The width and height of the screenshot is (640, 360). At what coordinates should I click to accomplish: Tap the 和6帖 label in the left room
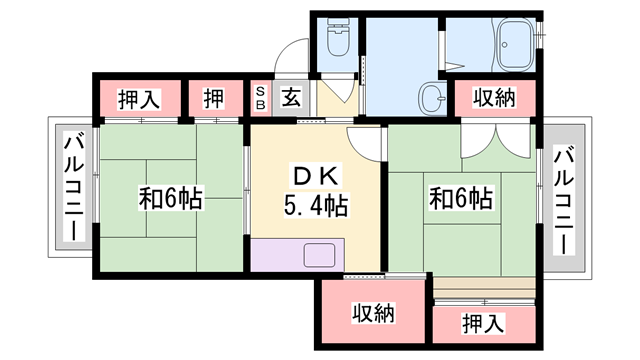pyautogui.click(x=170, y=198)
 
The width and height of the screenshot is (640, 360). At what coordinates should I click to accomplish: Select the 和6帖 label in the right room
pyautogui.click(x=460, y=198)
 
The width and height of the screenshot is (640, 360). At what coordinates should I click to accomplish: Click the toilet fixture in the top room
pyautogui.click(x=338, y=41)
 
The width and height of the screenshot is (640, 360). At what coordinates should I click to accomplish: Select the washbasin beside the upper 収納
pyautogui.click(x=430, y=98)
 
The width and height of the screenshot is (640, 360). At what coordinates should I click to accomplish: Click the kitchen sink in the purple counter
pyautogui.click(x=319, y=256)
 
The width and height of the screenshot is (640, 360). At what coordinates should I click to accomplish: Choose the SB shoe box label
pyautogui.click(x=258, y=97)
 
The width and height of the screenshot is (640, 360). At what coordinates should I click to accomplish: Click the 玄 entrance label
pyautogui.click(x=289, y=97)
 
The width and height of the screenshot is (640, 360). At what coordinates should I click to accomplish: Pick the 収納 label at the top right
pyautogui.click(x=494, y=98)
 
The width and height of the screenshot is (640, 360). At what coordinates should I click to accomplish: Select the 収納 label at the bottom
pyautogui.click(x=372, y=313)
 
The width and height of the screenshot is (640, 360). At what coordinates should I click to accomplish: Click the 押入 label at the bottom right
pyautogui.click(x=483, y=323)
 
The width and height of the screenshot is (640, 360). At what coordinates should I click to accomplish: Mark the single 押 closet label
pyautogui.click(x=214, y=98)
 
